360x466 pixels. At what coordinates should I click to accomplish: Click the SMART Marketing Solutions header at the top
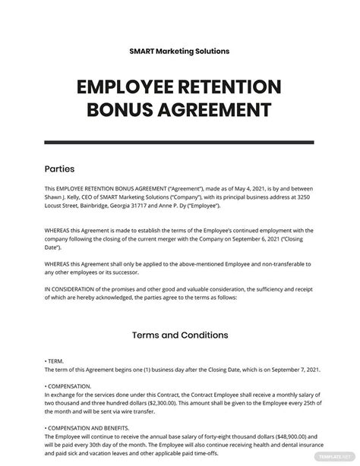click(x=179, y=51)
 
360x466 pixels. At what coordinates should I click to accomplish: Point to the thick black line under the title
click(x=180, y=141)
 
